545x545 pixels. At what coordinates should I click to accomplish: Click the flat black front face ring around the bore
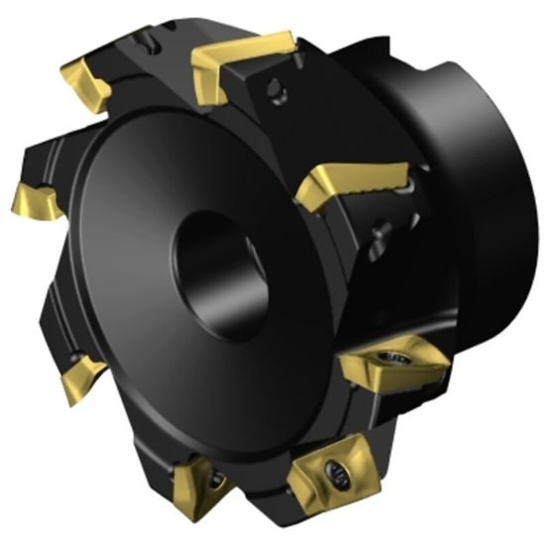(149, 297)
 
